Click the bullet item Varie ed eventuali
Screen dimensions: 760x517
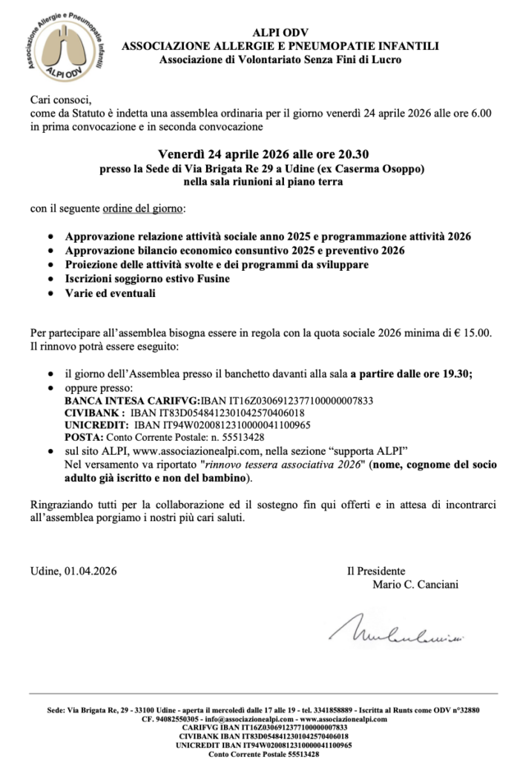pyautogui.click(x=111, y=293)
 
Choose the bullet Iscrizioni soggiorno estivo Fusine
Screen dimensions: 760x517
pyautogui.click(x=148, y=279)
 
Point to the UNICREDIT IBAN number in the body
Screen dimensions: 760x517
pyautogui.click(x=223, y=425)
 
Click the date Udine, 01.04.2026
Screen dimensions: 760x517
pyautogui.click(x=73, y=571)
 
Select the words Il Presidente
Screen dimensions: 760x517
pyautogui.click(x=375, y=571)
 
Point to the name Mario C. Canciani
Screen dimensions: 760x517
pyautogui.click(x=415, y=584)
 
